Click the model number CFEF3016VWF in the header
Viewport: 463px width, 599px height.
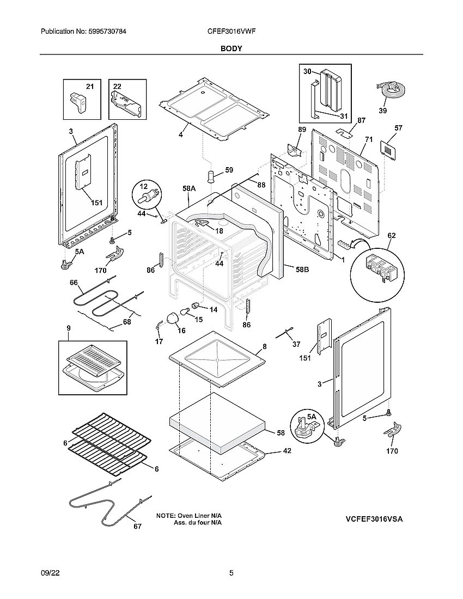(228, 32)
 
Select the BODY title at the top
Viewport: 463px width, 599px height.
(231, 48)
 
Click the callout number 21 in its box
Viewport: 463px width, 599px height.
(90, 87)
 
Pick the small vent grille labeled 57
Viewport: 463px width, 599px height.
(387, 148)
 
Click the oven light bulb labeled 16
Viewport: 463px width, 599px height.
(173, 317)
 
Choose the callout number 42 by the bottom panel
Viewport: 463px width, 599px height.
(287, 451)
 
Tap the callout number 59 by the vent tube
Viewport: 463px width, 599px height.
(229, 170)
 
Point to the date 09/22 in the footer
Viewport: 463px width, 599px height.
(50, 573)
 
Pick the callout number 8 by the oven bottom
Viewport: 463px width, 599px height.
(264, 346)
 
